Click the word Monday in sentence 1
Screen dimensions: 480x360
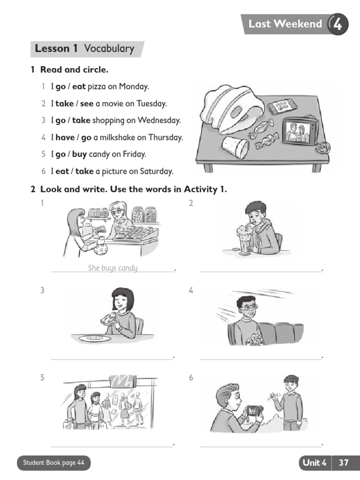[134, 87]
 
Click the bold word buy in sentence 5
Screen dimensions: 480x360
[79, 154]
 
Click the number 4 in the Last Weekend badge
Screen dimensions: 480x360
[337, 24]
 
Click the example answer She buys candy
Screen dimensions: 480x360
[112, 268]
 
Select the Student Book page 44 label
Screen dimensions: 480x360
[54, 463]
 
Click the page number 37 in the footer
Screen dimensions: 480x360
[344, 463]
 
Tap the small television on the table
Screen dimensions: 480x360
[300, 131]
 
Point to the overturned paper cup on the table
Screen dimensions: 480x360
[235, 147]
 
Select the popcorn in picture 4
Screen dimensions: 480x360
[255, 338]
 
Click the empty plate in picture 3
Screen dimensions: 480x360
[95, 338]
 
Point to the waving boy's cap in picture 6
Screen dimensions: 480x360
[291, 378]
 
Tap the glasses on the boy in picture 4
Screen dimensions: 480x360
[248, 307]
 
